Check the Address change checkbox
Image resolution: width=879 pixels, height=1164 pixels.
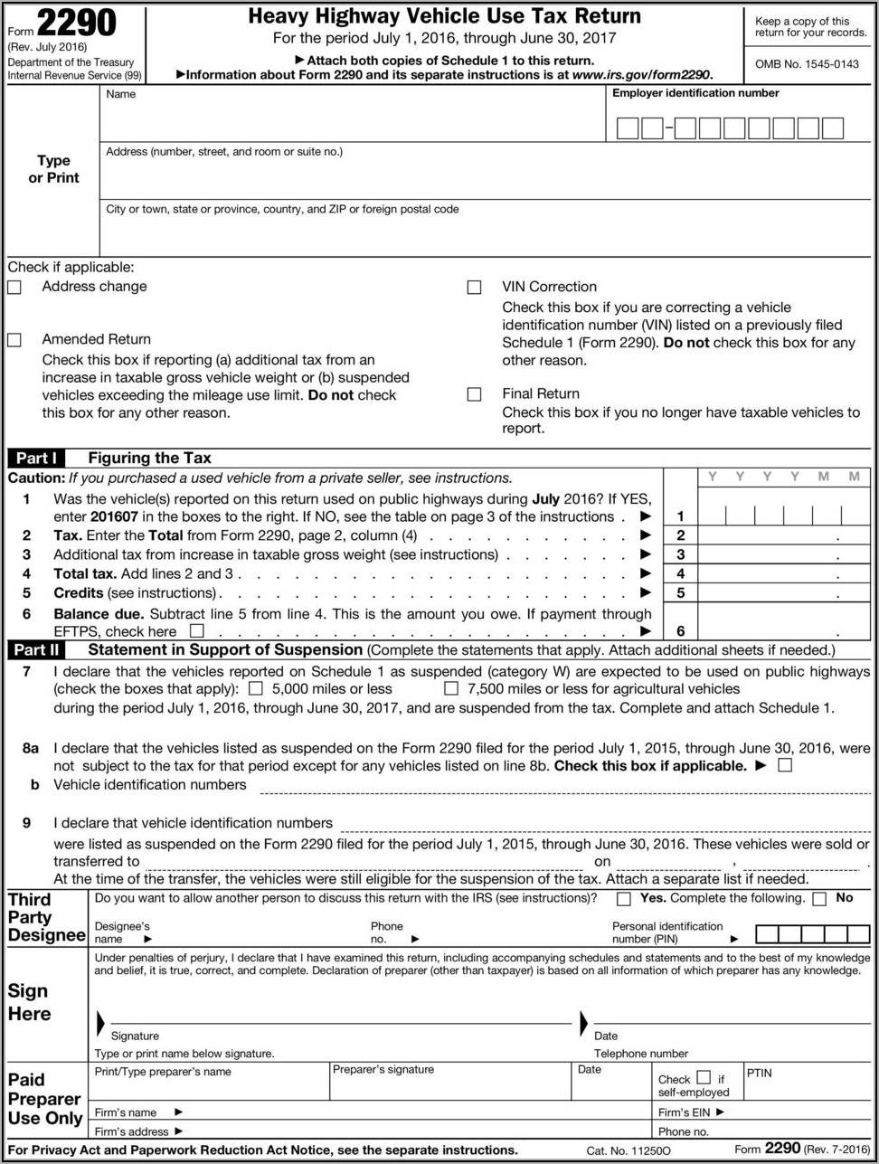pos(14,288)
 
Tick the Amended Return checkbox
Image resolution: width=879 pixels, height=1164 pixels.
pos(14,340)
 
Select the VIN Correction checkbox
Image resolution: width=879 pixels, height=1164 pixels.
pos(474,288)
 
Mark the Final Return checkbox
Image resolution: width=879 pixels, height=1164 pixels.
pos(474,394)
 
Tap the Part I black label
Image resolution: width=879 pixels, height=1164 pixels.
pos(36,458)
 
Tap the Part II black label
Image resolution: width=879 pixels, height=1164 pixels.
pos(36,649)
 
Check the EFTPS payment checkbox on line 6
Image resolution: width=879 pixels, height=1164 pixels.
pos(196,630)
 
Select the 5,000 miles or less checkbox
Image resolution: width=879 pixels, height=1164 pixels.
pos(256,689)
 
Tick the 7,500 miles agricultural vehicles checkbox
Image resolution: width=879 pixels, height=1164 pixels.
pos(451,689)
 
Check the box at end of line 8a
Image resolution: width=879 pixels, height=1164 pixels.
pos(784,765)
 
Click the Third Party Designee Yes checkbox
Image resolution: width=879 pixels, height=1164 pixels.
pos(624,899)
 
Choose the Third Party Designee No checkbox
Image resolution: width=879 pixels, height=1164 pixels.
pos(819,899)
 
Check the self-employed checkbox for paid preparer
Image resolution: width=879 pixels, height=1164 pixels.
pos(704,1078)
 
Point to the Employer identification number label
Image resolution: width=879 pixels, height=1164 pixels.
pos(695,93)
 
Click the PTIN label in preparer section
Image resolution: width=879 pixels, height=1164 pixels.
pos(759,1073)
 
